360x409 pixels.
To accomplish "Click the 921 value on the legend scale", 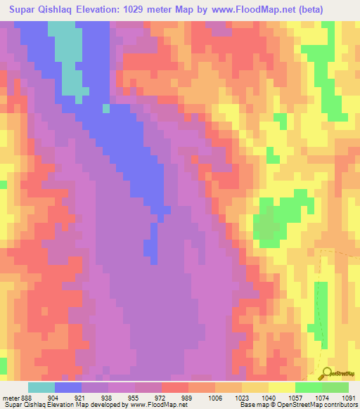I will click(x=81, y=397).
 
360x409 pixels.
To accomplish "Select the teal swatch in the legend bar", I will click(x=41, y=387).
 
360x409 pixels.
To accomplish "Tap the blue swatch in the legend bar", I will click(x=67, y=387).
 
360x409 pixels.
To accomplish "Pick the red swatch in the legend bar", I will click(x=174, y=387).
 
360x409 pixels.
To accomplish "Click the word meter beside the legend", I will click(x=10, y=397).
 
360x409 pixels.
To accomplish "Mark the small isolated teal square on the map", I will click(x=106, y=108).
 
